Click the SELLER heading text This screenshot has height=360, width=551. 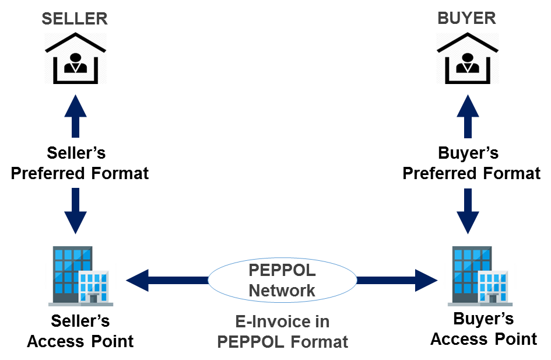[75, 18]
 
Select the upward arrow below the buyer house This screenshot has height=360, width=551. [468, 116]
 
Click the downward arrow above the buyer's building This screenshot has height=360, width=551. [468, 210]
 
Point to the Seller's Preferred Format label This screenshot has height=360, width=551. [80, 163]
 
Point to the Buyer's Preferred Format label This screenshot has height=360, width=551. [471, 163]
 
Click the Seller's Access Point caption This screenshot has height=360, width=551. [80, 331]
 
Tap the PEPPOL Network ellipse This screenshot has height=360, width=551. [282, 281]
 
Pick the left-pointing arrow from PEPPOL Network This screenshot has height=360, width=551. [167, 281]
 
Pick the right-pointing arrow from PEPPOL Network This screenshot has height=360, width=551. [396, 281]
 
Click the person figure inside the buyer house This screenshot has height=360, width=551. [468, 63]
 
